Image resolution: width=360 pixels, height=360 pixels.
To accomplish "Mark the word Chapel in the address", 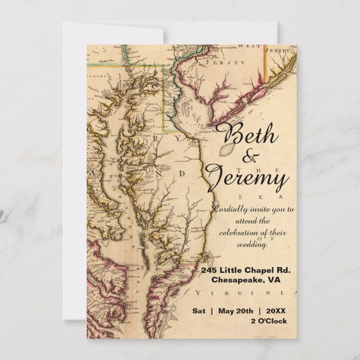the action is [266, 271].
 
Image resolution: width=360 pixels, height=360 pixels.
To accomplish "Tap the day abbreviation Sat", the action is [200, 310].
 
